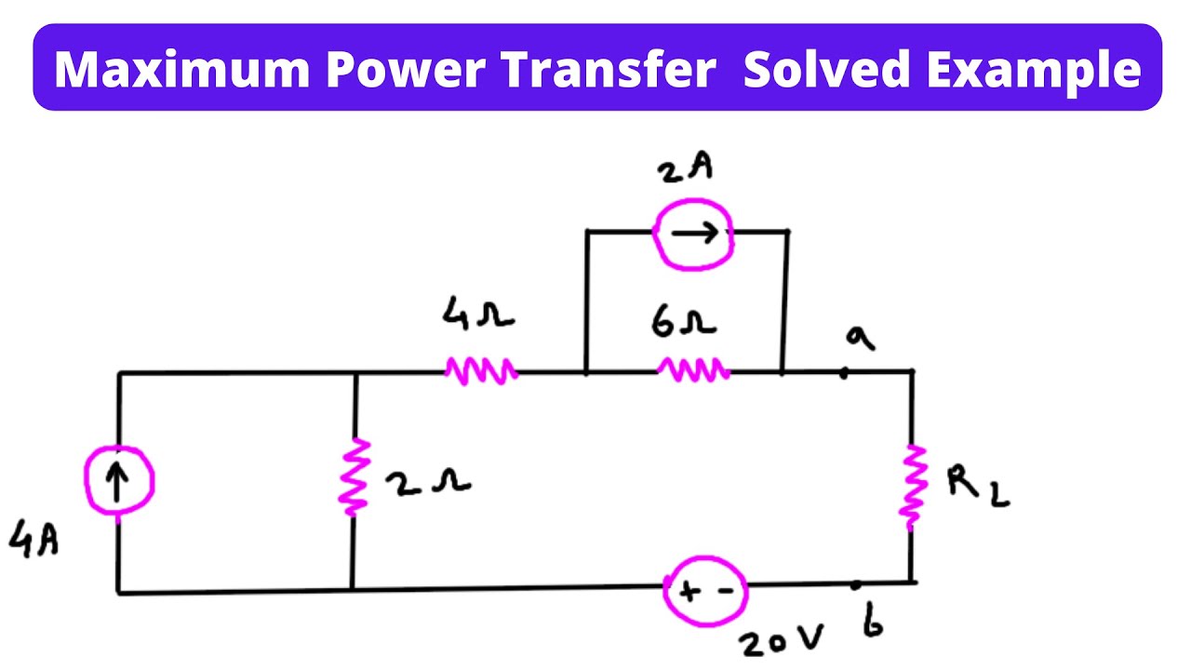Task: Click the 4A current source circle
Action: [118, 482]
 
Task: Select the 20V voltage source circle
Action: [704, 589]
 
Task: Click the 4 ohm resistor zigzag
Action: [481, 371]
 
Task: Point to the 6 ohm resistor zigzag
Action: [693, 371]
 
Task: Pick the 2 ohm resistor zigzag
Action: [355, 477]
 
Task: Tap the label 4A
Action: [33, 540]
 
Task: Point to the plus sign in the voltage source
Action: [688, 590]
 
